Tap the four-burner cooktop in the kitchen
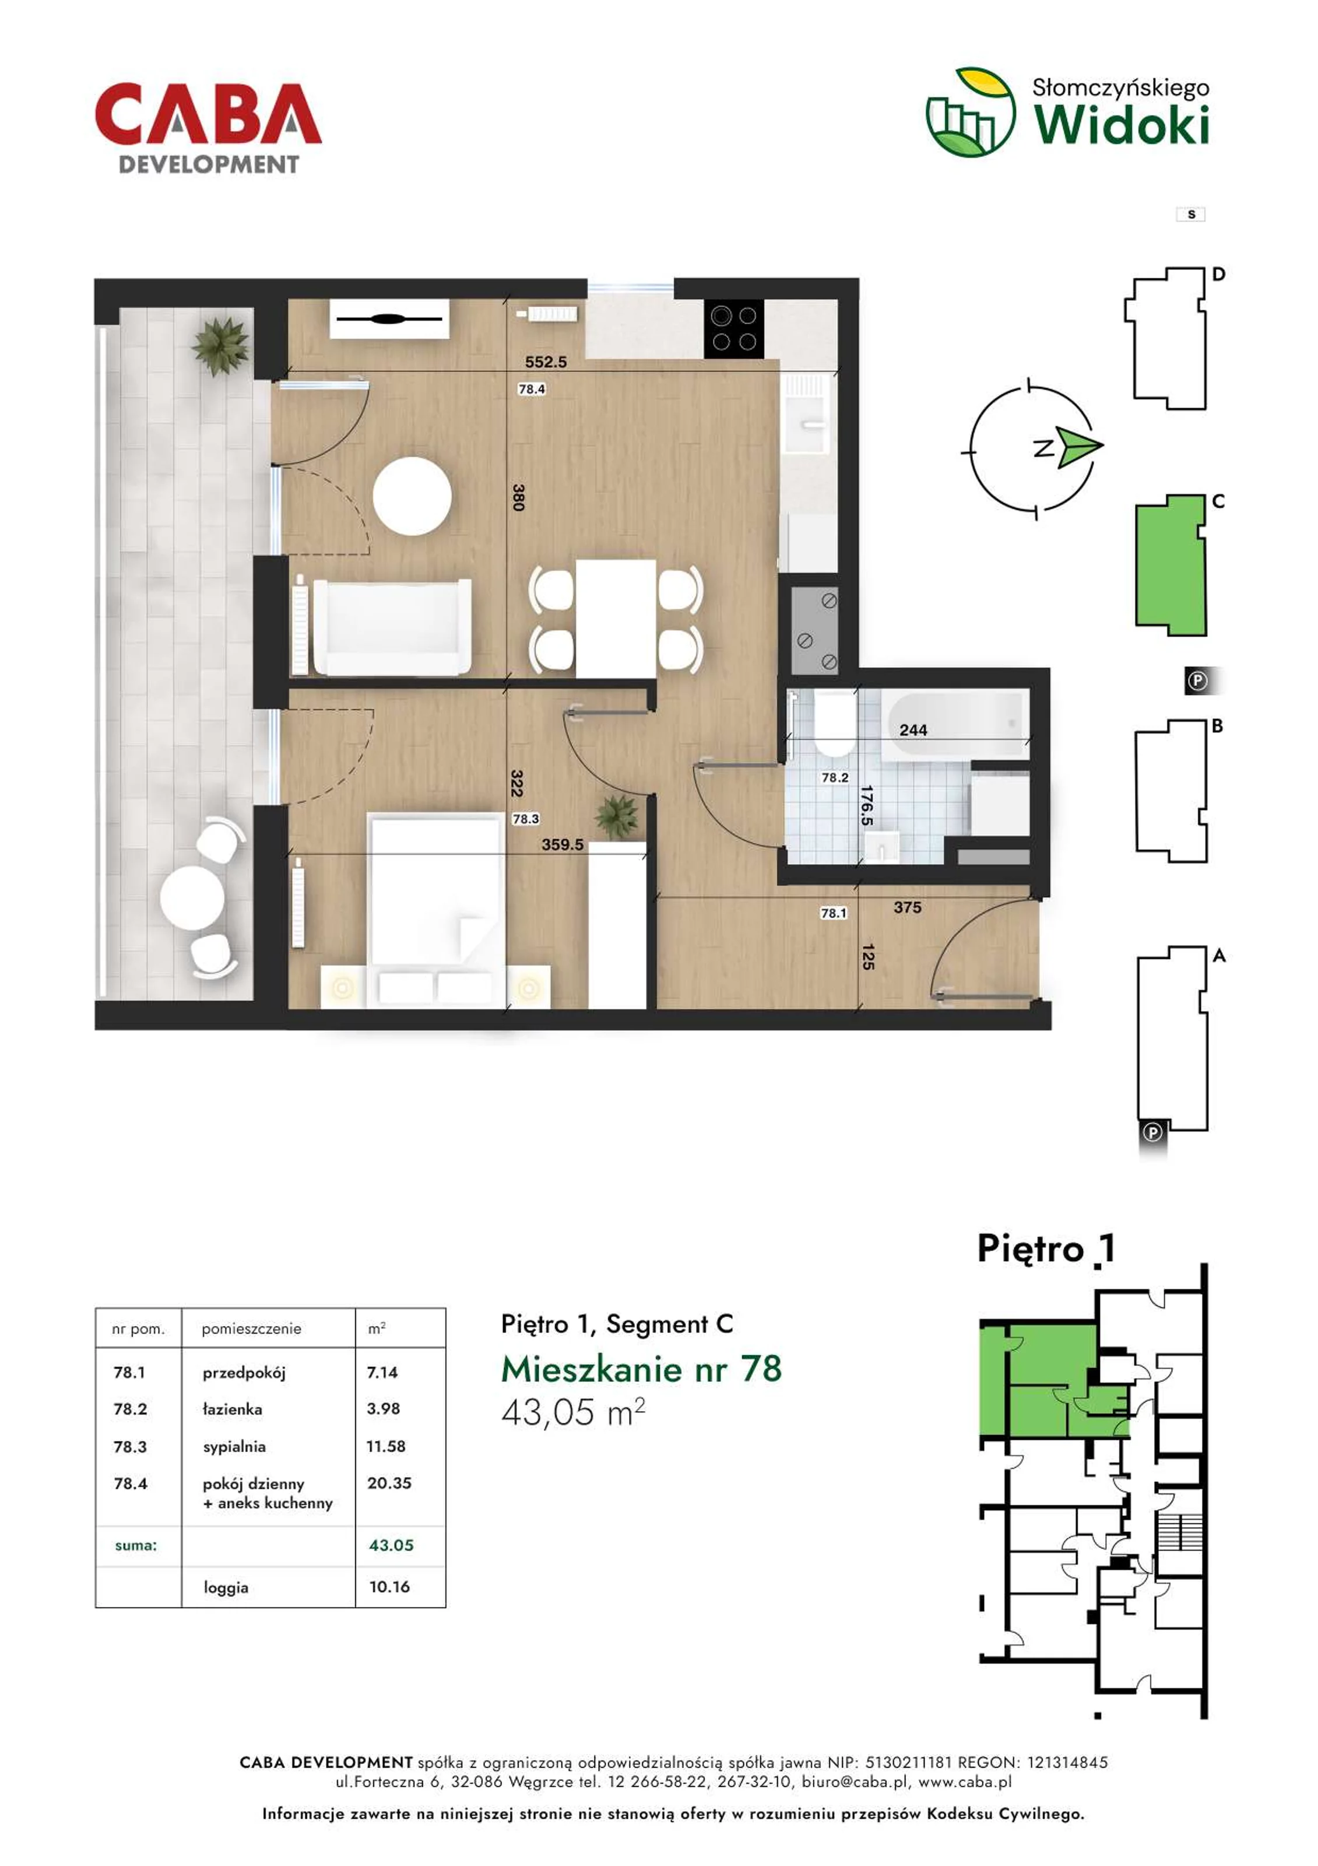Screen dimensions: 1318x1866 (734, 328)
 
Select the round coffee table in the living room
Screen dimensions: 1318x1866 (412, 496)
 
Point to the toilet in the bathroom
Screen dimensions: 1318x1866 (834, 723)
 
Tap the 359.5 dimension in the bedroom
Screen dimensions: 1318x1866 (563, 844)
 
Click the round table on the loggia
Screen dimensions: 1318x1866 (192, 898)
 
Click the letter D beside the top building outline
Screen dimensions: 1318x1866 (1218, 274)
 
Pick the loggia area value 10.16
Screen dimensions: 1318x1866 (389, 1587)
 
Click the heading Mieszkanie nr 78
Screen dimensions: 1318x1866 (641, 1369)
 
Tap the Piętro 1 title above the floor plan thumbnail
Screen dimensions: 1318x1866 (1046, 1248)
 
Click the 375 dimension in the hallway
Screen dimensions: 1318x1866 (908, 907)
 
